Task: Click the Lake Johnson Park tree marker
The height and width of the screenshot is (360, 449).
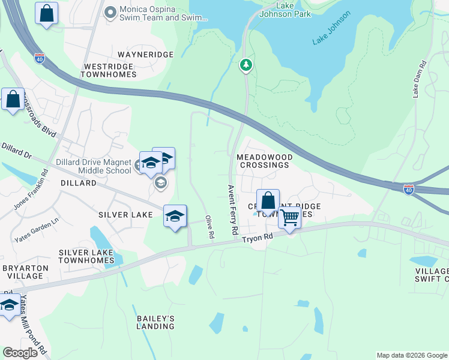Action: tap(246, 65)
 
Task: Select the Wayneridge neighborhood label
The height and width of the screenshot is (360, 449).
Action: tap(146, 55)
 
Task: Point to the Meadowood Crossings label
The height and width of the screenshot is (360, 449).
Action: tap(265, 161)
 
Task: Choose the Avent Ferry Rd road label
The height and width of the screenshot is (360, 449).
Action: tap(233, 209)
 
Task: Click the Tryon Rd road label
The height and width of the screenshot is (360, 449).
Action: tap(257, 238)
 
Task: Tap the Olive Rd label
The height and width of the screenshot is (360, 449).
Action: tap(209, 227)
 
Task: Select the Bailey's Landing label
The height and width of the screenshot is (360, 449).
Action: tap(155, 322)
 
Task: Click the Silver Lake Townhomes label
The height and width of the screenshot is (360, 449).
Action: tap(86, 256)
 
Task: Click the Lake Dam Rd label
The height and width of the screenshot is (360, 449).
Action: tap(418, 79)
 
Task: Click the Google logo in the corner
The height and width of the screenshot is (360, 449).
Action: tap(20, 353)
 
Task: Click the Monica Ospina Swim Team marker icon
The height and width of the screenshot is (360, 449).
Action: tap(110, 11)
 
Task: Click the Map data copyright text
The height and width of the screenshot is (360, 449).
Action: tap(412, 355)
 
